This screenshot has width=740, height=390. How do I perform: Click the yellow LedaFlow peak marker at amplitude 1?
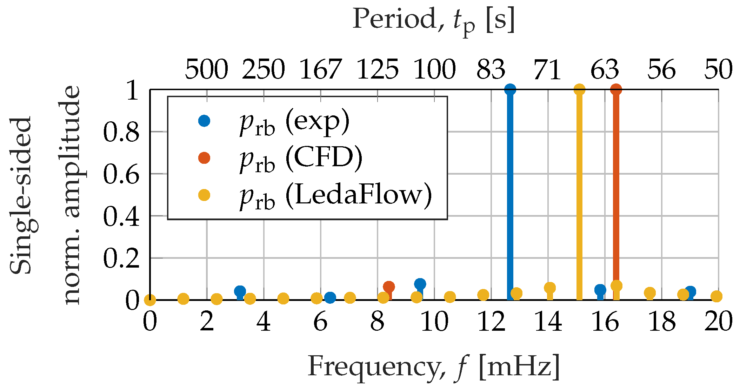pos(579,89)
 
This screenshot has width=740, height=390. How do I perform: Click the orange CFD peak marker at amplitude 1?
pos(616,89)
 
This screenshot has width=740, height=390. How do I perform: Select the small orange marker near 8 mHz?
pos(388,287)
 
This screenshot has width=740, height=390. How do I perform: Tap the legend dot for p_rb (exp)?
pos(204,121)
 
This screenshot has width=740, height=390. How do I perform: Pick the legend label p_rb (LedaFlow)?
pos(335,196)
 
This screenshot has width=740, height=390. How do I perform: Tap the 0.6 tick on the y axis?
pos(121,174)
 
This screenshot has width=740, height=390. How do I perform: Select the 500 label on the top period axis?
pos(206,69)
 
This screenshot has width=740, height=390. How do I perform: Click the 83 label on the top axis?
pos(491,69)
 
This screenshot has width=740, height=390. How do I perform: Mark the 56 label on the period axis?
pos(661,69)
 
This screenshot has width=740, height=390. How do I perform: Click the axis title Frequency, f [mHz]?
pos(433,367)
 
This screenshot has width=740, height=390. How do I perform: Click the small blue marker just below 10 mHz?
pos(420,284)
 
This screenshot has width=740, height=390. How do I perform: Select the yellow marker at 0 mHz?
pos(150,300)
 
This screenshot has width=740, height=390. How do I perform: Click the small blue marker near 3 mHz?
pos(240,291)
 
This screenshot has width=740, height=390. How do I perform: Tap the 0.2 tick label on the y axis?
pos(121,258)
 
